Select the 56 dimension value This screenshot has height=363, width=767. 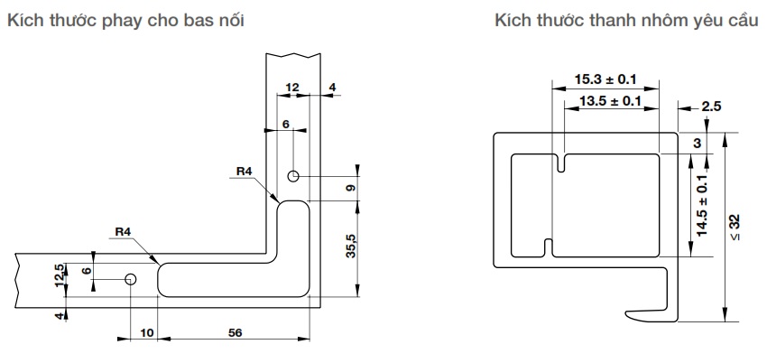click(x=236, y=333)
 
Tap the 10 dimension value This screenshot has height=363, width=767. click(x=146, y=333)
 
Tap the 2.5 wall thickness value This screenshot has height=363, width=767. click(x=711, y=107)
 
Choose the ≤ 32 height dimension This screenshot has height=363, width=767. click(x=735, y=227)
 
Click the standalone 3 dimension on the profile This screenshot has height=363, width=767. click(x=698, y=144)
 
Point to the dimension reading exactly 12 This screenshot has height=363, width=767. click(x=291, y=88)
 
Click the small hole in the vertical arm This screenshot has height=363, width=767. click(x=293, y=175)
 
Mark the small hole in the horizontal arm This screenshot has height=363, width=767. click(x=131, y=279)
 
